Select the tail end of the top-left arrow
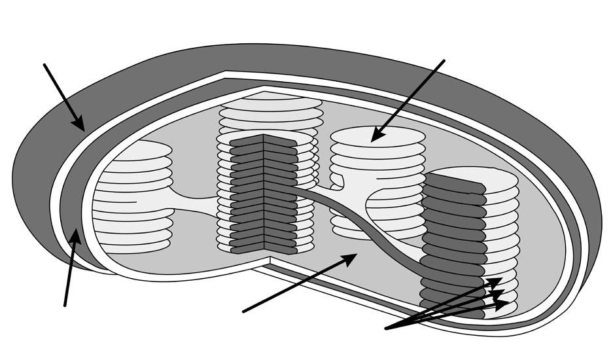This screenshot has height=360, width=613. [x=44, y=64]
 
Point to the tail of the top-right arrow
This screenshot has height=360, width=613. [x=444, y=61]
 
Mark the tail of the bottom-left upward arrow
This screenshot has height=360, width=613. [x=65, y=305]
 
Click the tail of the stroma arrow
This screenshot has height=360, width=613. [x=243, y=312]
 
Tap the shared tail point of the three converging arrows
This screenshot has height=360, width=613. [x=387, y=328]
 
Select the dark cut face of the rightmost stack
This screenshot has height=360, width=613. [x=451, y=249]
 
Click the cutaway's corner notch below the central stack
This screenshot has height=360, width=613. [x=271, y=261]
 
